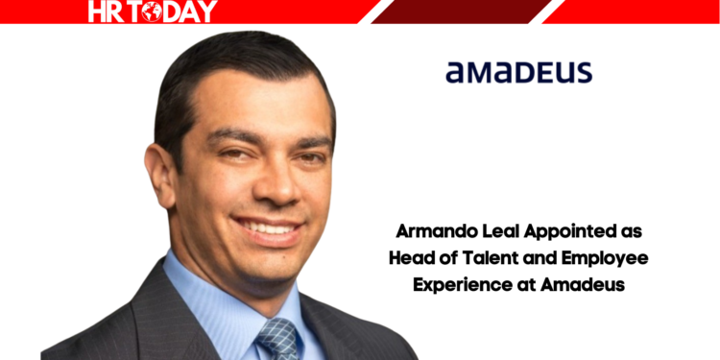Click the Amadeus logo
pyautogui.click(x=519, y=72)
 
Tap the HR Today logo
pyautogui.click(x=153, y=11)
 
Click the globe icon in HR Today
pyautogui.click(x=151, y=12)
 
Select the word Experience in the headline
pyautogui.click(x=459, y=284)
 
